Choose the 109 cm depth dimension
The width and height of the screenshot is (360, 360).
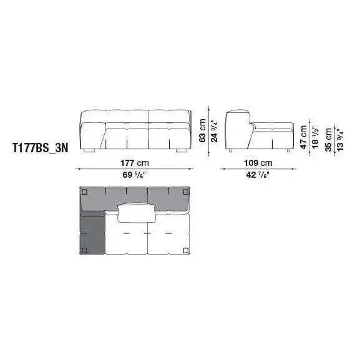click(258, 163)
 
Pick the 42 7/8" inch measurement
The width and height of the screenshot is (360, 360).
click(258, 175)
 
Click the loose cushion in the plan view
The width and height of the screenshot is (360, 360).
click(135, 213)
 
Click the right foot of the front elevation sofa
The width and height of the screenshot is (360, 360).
click(181, 150)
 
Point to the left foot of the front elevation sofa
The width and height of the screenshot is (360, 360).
click(91, 150)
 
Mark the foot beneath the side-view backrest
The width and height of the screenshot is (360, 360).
click(231, 150)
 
